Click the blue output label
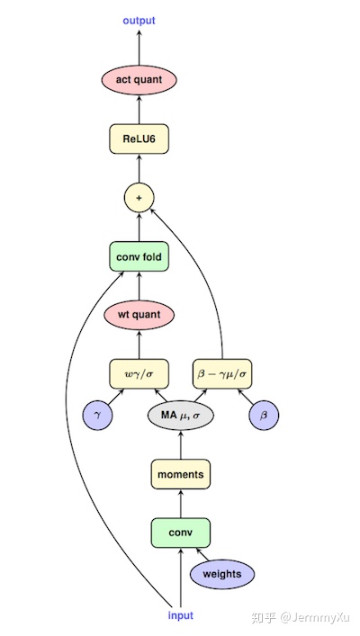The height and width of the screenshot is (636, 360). tap(139, 20)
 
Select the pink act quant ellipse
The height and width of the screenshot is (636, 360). tap(139, 80)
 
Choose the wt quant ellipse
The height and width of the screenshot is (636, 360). tap(139, 315)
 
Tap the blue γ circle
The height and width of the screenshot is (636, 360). tap(97, 416)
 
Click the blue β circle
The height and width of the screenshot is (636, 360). tap(265, 416)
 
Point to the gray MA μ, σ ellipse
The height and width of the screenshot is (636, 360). tap(181, 416)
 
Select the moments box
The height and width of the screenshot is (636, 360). tap(181, 473)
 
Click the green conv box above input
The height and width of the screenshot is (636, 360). tap(181, 532)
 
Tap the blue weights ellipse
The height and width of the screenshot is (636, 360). tap(222, 574)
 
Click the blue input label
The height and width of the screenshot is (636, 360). tap(180, 615)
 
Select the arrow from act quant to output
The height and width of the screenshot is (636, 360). tap(139, 47)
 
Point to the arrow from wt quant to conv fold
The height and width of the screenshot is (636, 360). tap(139, 286)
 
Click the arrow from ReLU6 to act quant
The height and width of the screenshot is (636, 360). tap(139, 110)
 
